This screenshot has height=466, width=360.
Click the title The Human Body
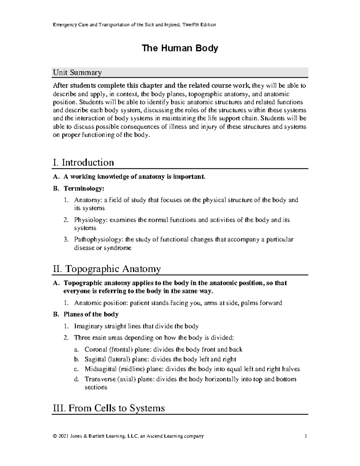(180, 48)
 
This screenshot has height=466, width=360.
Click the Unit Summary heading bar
(180, 72)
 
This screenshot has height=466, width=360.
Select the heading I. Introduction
(83, 163)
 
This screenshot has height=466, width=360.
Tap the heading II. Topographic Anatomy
(106, 269)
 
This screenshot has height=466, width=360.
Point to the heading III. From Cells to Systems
(109, 408)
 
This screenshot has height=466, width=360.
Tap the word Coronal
(96, 350)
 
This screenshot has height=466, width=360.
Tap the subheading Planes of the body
(91, 314)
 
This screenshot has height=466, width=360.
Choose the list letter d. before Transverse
(76, 379)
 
